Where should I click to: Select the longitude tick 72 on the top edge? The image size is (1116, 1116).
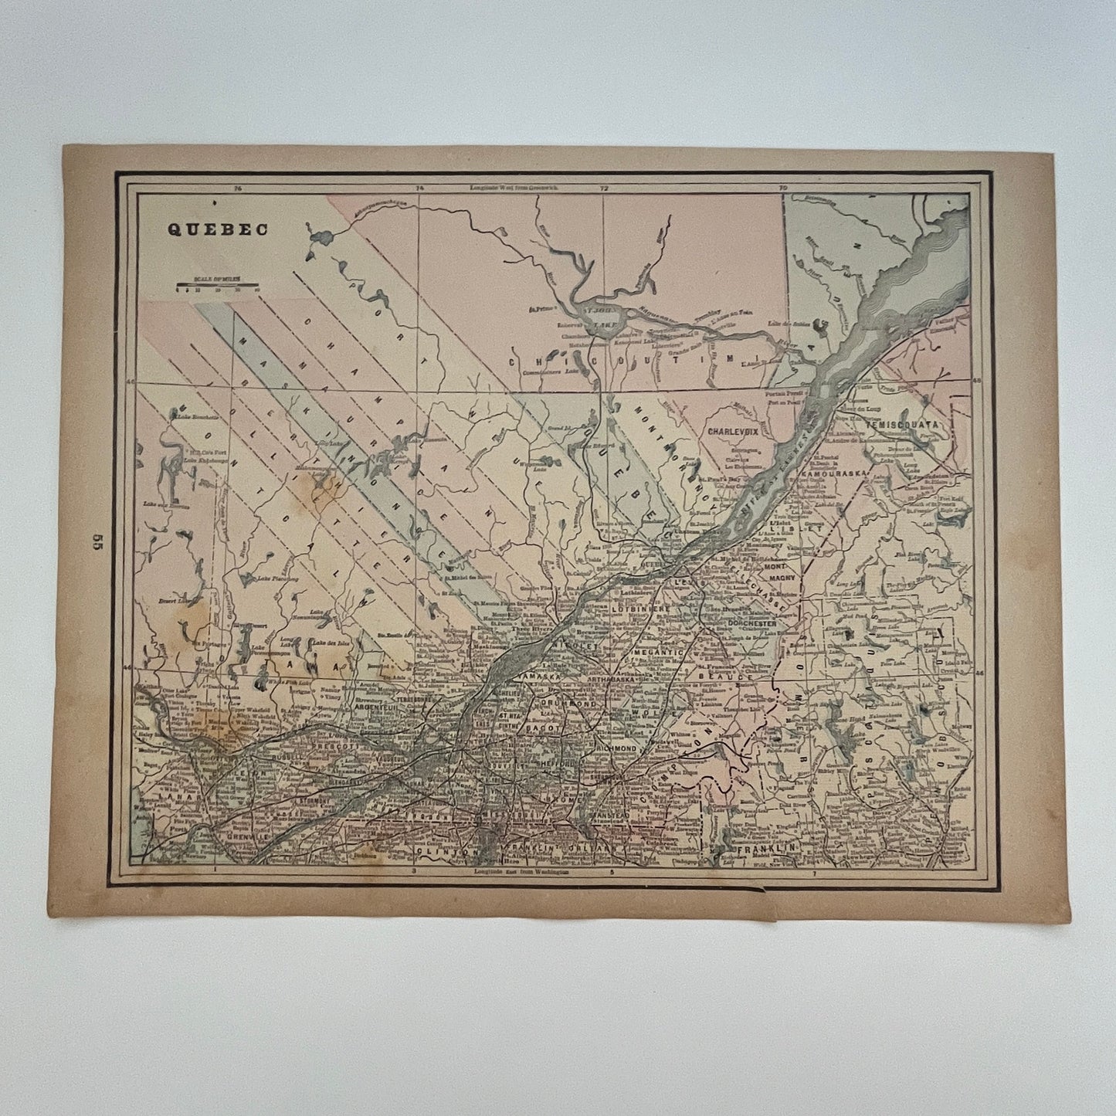tap(603, 188)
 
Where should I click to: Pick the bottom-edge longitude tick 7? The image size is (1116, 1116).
tap(815, 872)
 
